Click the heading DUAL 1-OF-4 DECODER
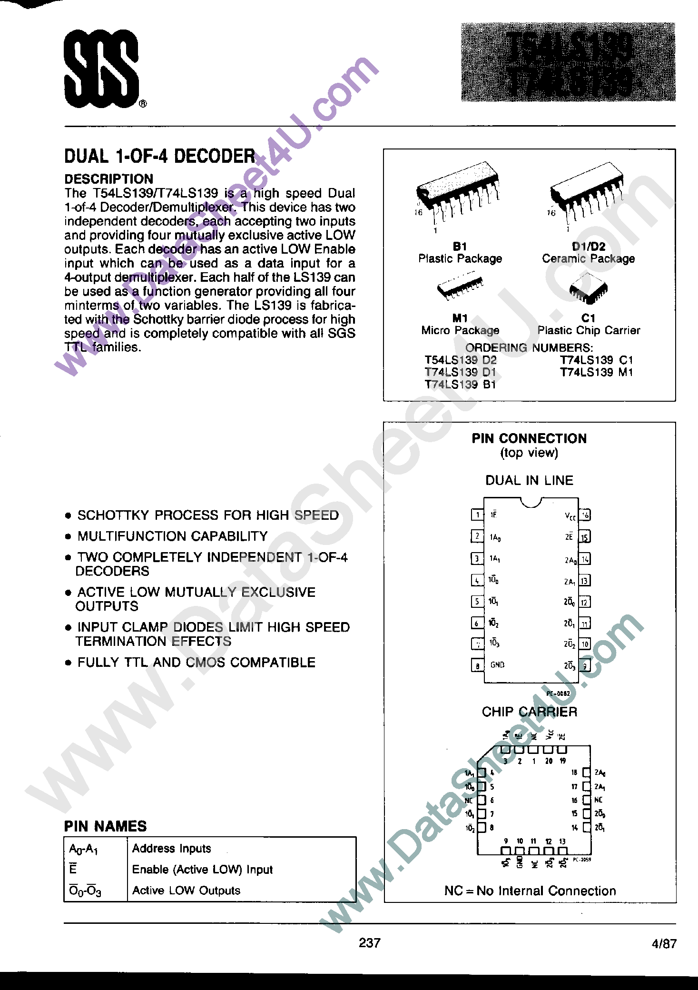click(160, 156)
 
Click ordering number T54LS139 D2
click(460, 360)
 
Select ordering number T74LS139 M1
click(596, 373)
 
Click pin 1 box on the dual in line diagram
click(477, 515)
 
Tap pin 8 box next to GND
click(477, 665)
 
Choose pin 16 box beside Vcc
click(585, 515)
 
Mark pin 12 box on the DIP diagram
click(585, 602)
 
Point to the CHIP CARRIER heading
click(529, 712)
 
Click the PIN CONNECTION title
click(529, 438)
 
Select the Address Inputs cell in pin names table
click(172, 849)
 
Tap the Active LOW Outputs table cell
click(186, 891)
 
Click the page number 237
click(370, 943)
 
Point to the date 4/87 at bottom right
click(664, 944)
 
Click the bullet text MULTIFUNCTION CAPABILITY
click(172, 536)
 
